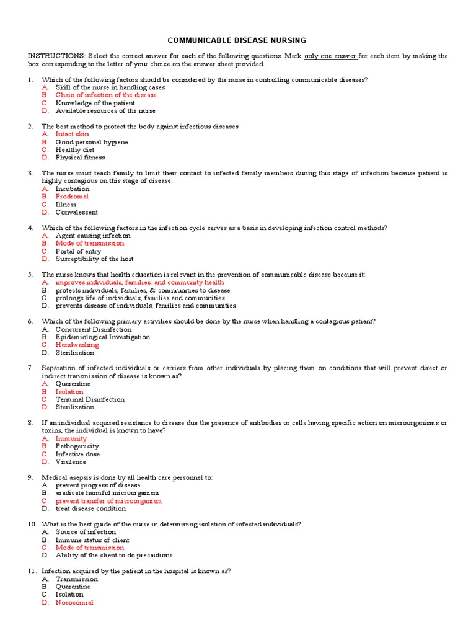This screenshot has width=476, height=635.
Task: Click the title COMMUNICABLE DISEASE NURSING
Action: pyautogui.click(x=238, y=40)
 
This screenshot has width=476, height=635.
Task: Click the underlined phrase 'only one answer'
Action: pyautogui.click(x=331, y=56)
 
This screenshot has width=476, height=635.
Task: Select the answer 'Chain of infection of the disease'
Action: pyautogui.click(x=106, y=95)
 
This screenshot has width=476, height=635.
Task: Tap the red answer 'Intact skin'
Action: pyautogui.click(x=72, y=134)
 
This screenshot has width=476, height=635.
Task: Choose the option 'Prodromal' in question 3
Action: pyautogui.click(x=72, y=197)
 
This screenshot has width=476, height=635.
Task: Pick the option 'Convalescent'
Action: pyautogui.click(x=76, y=212)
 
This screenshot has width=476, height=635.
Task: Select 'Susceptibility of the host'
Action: pyautogui.click(x=94, y=259)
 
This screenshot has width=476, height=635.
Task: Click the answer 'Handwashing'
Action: pyautogui.click(x=77, y=345)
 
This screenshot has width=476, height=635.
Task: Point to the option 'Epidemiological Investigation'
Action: pyautogui.click(x=102, y=337)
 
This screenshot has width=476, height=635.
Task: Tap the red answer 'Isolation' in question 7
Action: pyautogui.click(x=69, y=392)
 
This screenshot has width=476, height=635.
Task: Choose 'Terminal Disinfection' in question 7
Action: pyautogui.click(x=90, y=399)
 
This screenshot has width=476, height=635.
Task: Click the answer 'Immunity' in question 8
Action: pyautogui.click(x=71, y=438)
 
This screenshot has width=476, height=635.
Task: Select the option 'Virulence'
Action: pyautogui.click(x=71, y=462)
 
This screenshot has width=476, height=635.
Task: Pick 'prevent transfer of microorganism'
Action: pyautogui.click(x=108, y=501)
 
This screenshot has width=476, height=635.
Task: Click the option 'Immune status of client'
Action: pyautogui.click(x=92, y=540)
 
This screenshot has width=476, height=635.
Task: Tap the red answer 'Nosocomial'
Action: pyautogui.click(x=74, y=602)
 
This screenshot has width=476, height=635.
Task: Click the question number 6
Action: pyautogui.click(x=30, y=321)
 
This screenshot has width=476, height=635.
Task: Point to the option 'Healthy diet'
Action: pyautogui.click(x=75, y=149)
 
